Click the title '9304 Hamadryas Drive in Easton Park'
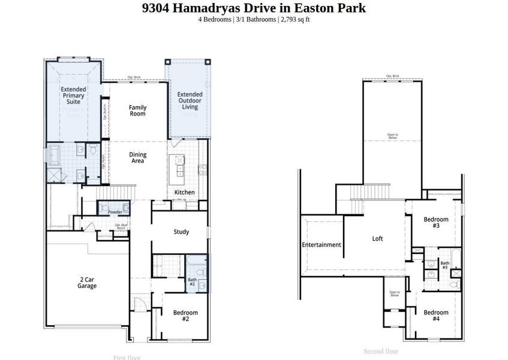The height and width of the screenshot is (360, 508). [254, 8]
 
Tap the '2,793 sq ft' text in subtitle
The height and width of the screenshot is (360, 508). [294, 20]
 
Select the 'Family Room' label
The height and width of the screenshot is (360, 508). [138, 110]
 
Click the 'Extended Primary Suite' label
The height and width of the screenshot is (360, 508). [73, 95]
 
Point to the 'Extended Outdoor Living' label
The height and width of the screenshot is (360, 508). [189, 101]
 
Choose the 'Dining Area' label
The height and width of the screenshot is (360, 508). [138, 158]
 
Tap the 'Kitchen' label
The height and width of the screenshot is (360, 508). [184, 192]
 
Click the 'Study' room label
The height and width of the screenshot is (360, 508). [181, 232]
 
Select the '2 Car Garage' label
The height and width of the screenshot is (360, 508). [87, 283]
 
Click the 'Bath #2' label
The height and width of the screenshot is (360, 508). [192, 281]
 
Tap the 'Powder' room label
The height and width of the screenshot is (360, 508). [115, 212]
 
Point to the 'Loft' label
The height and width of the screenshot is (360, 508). [377, 239]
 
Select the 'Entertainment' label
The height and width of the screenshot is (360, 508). [321, 245]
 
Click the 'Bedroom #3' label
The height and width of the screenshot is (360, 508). [436, 223]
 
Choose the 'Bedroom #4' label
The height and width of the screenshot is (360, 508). [436, 316]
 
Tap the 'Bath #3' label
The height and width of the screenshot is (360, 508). [445, 265]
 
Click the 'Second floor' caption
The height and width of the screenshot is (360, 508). [381, 352]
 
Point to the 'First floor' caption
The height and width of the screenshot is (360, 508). [127, 357]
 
